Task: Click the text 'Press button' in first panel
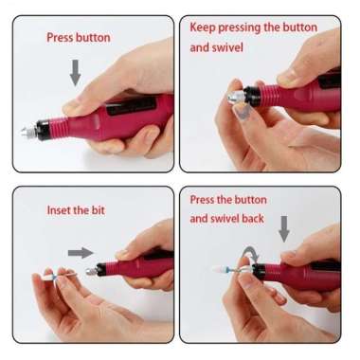79,38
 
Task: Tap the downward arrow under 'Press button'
76,72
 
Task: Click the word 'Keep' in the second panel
205,27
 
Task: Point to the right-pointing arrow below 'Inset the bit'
82,252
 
